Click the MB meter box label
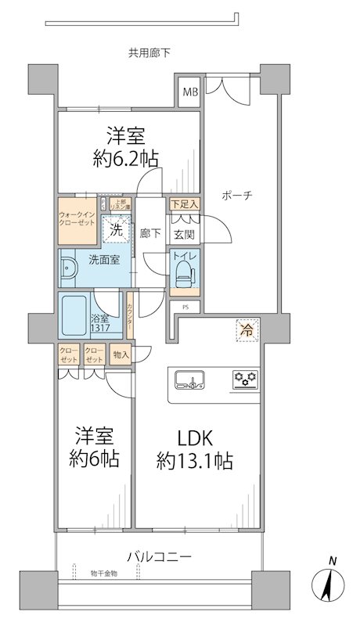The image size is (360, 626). pyautogui.click(x=191, y=94)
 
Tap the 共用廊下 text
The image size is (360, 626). pyautogui.click(x=149, y=53)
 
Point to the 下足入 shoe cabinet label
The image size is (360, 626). pyautogui.click(x=185, y=204)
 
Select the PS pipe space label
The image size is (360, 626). pyautogui.click(x=185, y=307)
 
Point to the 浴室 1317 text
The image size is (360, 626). pyautogui.click(x=99, y=323)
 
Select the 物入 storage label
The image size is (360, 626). pyautogui.click(x=121, y=355)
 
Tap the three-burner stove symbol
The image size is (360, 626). pyautogui.click(x=246, y=381)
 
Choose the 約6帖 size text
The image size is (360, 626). pyautogui.click(x=97, y=459)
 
